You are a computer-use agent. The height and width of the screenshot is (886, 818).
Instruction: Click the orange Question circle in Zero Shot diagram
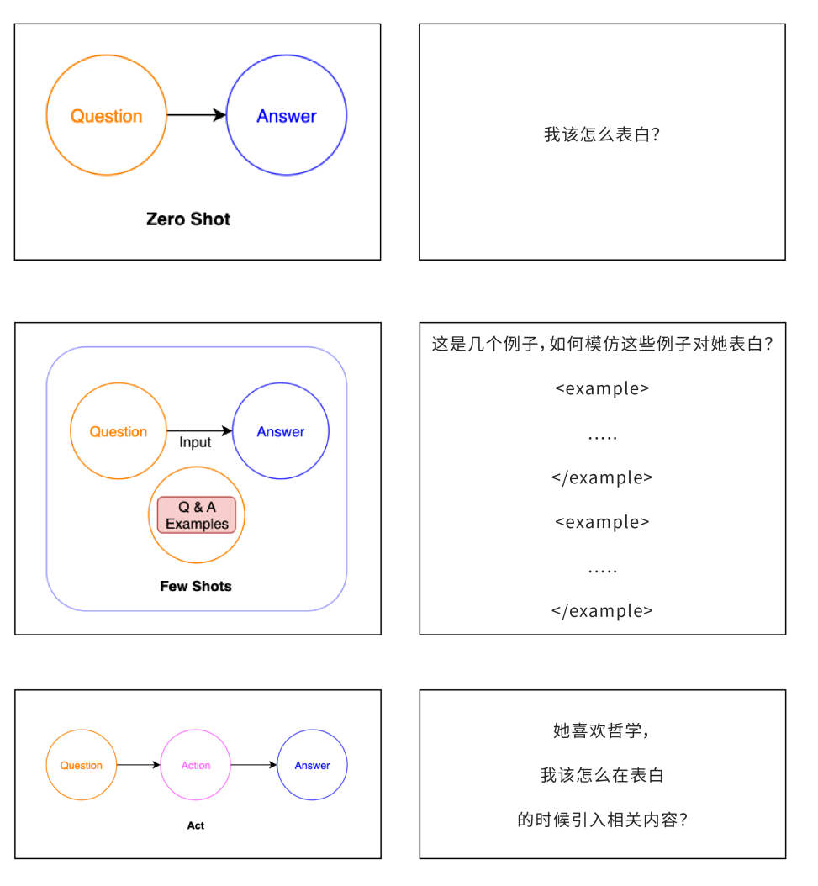(106, 116)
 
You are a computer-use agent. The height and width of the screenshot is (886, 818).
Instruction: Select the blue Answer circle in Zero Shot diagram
(287, 116)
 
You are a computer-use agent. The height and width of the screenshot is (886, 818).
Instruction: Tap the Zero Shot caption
(188, 219)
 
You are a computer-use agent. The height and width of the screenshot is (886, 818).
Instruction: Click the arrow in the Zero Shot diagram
(197, 115)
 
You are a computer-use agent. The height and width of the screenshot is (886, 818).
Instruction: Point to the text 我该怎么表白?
(602, 134)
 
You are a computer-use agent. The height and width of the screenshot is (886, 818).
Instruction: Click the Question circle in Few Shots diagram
(119, 431)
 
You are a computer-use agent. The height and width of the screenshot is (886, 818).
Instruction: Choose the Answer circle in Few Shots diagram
(281, 431)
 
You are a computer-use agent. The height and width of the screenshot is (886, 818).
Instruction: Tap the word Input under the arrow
(195, 443)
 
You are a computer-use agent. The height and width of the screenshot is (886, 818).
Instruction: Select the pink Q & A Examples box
(197, 515)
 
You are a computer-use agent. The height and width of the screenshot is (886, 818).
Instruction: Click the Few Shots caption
(196, 586)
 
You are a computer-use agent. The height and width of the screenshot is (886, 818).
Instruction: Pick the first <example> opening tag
(602, 388)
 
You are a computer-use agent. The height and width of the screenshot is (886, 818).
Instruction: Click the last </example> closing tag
(602, 611)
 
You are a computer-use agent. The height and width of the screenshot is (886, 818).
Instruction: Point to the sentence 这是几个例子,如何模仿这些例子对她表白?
(602, 344)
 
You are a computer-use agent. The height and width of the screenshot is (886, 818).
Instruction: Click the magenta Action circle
(196, 765)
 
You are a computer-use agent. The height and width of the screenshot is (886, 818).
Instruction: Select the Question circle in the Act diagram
(82, 765)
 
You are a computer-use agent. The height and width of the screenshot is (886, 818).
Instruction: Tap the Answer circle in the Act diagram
(312, 765)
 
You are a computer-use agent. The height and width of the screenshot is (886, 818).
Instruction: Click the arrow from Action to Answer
(254, 765)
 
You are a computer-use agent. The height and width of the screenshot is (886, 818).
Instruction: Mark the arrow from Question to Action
(139, 765)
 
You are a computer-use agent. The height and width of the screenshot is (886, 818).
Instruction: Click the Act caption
(196, 825)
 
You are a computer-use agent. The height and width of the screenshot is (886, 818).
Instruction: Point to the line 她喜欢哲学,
(602, 730)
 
